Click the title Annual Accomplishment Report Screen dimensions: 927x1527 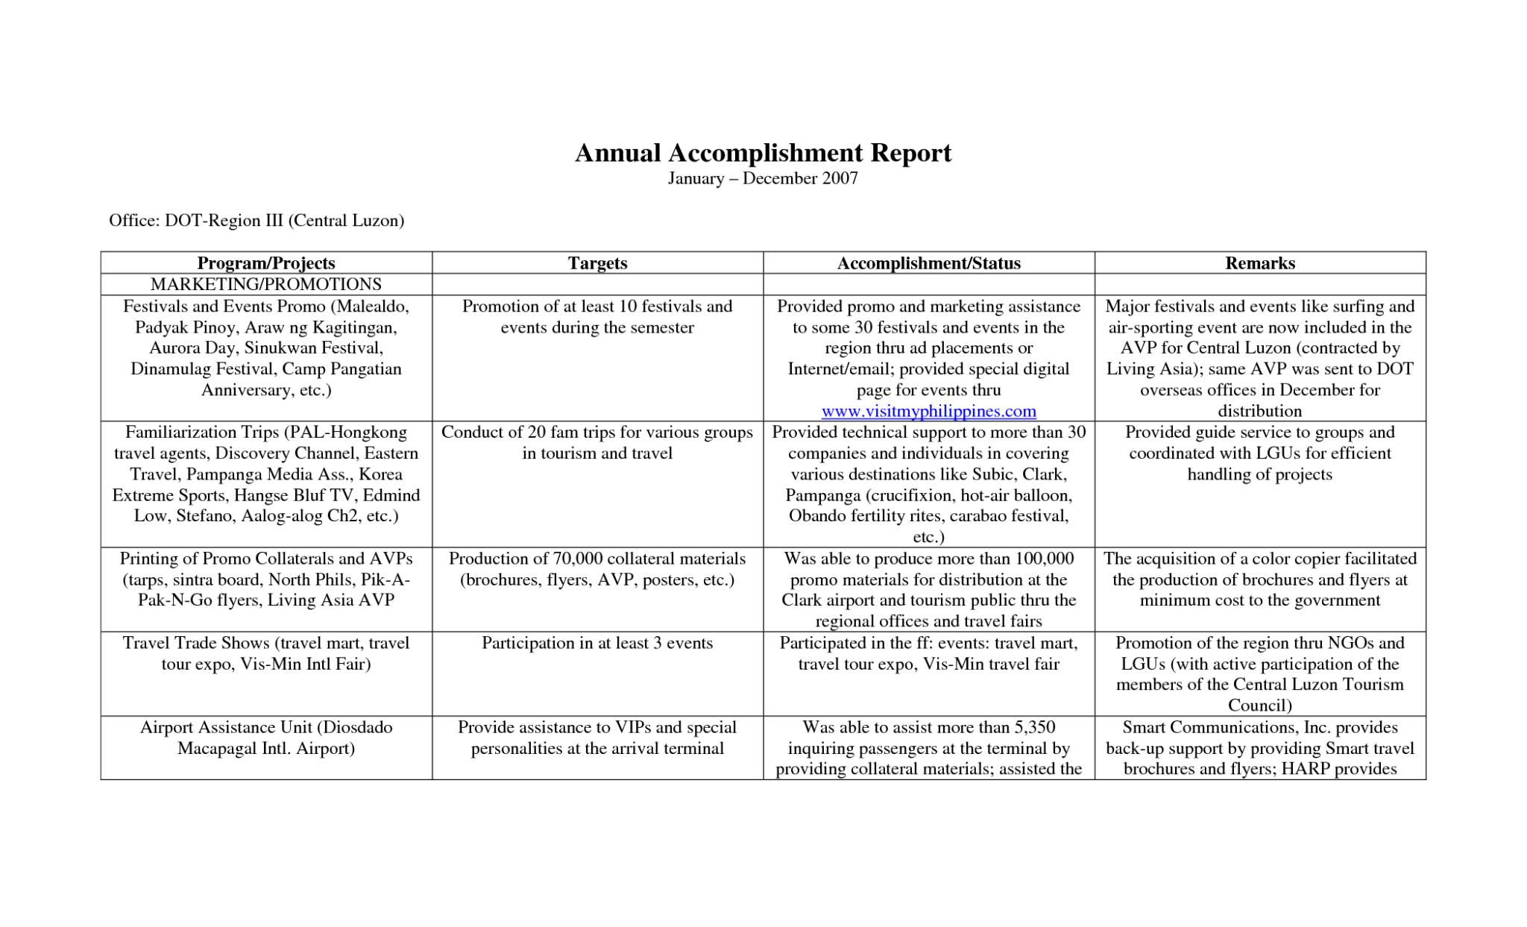click(763, 153)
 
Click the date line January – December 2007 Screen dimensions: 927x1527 click(763, 178)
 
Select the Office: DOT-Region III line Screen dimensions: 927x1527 click(256, 221)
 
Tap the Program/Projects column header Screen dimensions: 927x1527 click(266, 263)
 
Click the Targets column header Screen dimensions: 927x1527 click(597, 263)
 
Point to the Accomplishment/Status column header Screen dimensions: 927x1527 click(928, 263)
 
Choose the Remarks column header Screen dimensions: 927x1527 click(1259, 263)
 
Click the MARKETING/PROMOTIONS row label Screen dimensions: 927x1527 click(266, 284)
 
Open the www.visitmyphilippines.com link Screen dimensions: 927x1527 click(928, 411)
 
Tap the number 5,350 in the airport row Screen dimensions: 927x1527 click(1034, 727)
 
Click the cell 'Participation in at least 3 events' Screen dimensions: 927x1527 click(597, 643)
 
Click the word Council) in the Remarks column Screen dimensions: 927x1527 click(1259, 706)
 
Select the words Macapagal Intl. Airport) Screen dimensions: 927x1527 click(266, 748)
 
